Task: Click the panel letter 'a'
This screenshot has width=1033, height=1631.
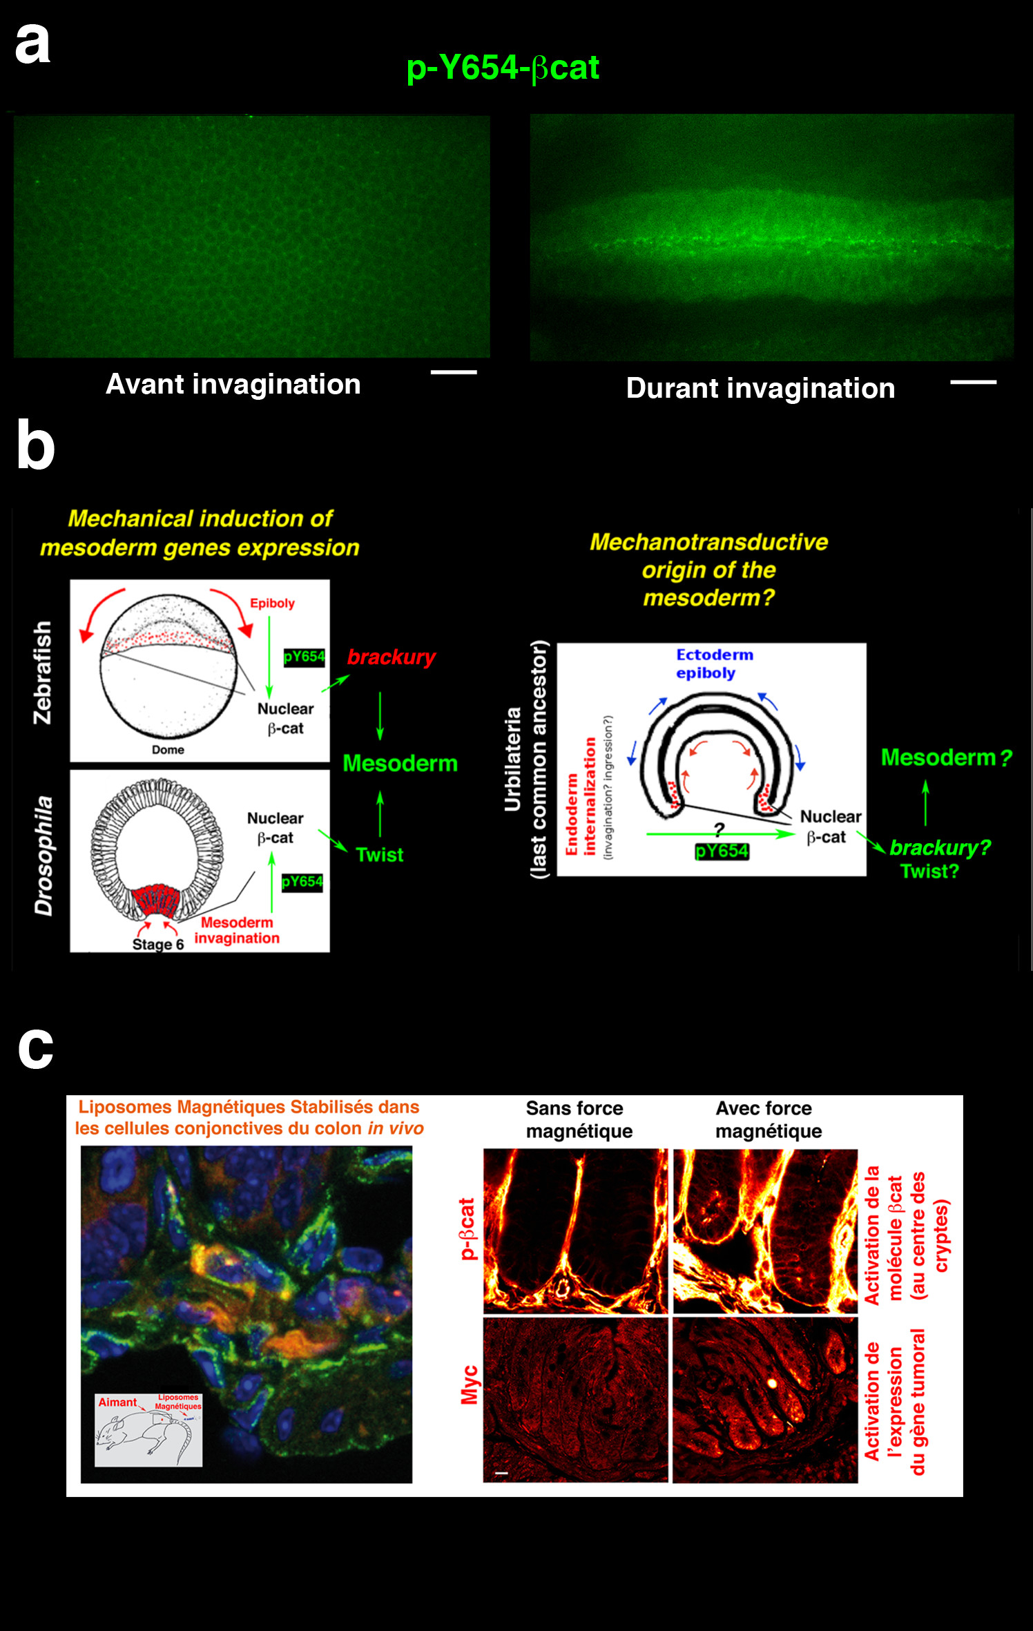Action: (x=32, y=44)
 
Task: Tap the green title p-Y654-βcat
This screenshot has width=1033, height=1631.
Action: (x=503, y=68)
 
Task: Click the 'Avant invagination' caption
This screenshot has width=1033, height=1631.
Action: (x=233, y=384)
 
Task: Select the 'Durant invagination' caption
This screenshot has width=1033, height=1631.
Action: (x=760, y=388)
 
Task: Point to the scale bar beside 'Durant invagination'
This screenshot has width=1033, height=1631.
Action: (x=973, y=382)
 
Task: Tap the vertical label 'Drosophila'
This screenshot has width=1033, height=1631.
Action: (x=44, y=856)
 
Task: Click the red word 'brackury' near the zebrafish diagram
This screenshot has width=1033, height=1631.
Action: (x=391, y=657)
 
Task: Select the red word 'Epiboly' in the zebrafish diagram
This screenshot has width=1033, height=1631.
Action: (x=272, y=603)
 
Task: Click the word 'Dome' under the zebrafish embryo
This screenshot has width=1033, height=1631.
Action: (x=168, y=749)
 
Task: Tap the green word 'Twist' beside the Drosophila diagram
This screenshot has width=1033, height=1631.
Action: (x=379, y=855)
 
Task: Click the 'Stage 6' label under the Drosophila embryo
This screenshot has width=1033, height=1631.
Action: (x=157, y=944)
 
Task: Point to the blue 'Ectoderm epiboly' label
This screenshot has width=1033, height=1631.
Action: (x=714, y=664)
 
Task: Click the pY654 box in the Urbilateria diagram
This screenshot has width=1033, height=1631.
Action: (x=722, y=851)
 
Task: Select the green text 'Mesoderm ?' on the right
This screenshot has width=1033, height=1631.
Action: (x=946, y=758)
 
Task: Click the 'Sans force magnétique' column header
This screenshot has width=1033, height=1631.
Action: (x=579, y=1119)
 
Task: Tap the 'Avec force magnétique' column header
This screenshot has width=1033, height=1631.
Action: (x=768, y=1119)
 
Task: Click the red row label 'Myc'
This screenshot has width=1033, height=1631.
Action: (x=469, y=1384)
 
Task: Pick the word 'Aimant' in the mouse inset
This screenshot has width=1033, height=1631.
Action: (x=117, y=1402)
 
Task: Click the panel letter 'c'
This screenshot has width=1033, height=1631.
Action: (x=35, y=1048)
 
